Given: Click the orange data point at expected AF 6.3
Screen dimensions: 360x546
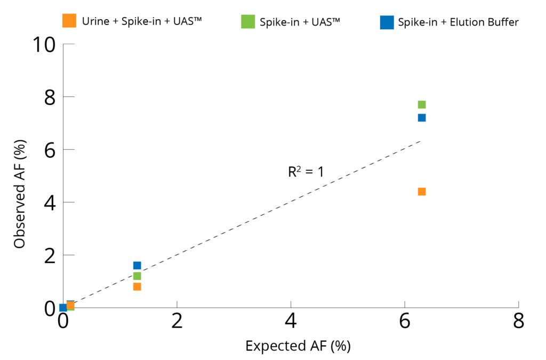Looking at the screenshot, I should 422,191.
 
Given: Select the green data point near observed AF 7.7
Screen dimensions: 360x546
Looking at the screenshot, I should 422,105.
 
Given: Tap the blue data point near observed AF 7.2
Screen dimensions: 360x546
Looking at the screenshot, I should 422,117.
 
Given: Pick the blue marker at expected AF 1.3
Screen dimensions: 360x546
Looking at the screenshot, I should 137,266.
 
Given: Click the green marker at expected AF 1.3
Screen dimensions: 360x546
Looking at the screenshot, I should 137,276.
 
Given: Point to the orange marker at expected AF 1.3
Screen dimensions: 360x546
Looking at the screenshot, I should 137,286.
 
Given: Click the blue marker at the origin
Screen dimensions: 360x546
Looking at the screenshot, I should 63,308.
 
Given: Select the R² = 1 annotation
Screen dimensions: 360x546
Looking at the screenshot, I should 306,172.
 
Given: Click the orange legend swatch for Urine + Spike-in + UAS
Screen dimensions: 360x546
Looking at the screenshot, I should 69,21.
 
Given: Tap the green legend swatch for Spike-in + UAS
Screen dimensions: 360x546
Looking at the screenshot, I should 248,22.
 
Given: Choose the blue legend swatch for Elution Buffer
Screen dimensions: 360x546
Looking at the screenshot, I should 387,22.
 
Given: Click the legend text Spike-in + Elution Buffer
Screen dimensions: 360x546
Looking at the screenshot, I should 458,22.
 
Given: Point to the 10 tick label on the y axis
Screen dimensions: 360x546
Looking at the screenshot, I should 44,45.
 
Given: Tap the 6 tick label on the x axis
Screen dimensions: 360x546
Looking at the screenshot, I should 405,322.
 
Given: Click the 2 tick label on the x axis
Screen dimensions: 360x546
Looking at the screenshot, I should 177,322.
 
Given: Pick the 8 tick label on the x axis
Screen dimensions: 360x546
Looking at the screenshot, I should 518,322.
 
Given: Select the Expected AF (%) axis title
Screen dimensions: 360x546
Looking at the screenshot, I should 298,346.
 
